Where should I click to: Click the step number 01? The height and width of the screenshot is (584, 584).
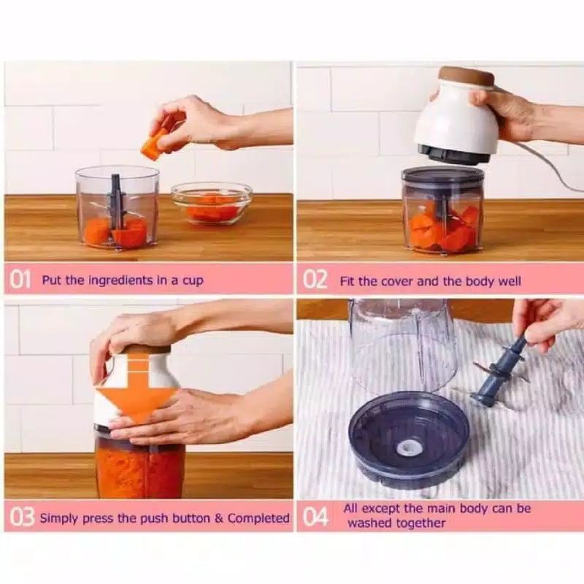click(x=20, y=280)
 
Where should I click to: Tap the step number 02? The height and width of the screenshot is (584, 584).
click(x=315, y=280)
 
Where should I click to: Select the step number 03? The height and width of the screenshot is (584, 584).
click(x=22, y=518)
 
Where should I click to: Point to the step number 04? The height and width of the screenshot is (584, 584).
click(x=315, y=517)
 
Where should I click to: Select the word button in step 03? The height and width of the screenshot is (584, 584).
click(x=187, y=518)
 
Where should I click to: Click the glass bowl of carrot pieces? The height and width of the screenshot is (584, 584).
click(x=211, y=203)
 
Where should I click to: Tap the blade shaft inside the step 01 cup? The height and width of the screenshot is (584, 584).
click(x=115, y=201)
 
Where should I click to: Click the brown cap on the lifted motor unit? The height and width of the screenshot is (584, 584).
click(x=466, y=77)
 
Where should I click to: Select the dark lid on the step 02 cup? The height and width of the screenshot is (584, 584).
click(x=442, y=176)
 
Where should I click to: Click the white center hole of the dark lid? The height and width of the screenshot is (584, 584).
click(x=410, y=447)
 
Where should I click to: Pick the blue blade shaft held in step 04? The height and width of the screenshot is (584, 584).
click(x=500, y=368)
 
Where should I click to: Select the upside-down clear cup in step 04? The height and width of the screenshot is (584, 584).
click(x=404, y=346)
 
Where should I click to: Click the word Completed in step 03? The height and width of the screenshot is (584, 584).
click(x=258, y=518)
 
